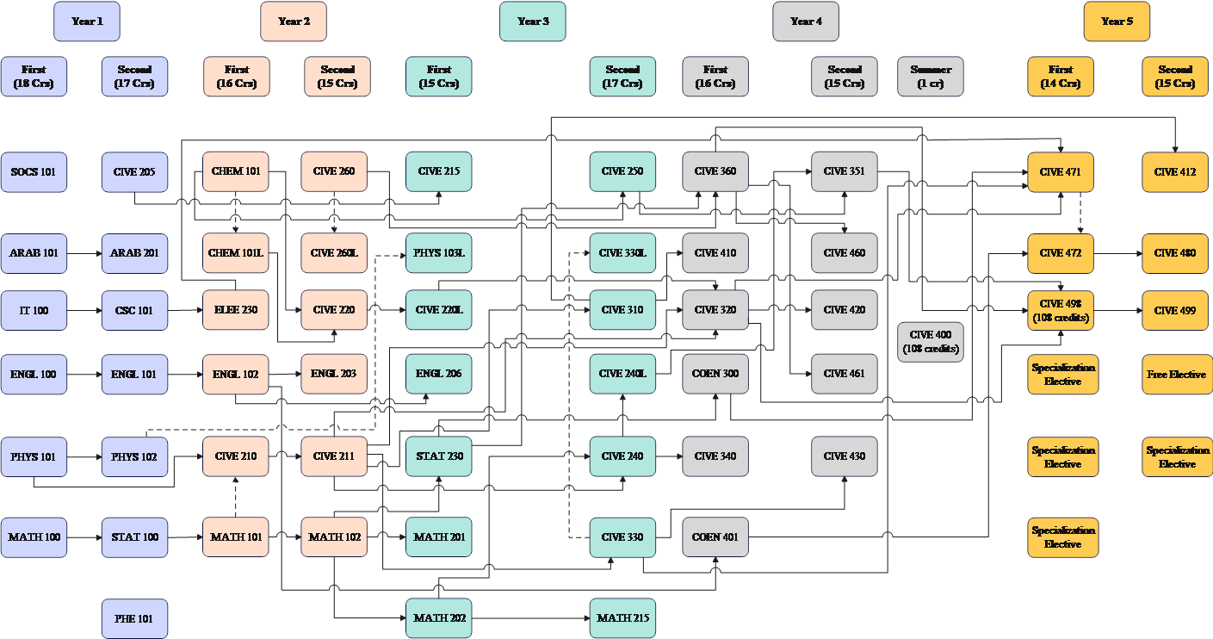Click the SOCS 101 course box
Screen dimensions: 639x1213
34,172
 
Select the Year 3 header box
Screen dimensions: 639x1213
533,22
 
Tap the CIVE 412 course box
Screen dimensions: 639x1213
1175,172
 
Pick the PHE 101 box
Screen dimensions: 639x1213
134,618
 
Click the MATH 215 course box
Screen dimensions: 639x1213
622,618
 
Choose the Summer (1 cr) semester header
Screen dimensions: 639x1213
931,77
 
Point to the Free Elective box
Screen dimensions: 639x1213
1175,375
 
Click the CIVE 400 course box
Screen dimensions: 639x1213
931,342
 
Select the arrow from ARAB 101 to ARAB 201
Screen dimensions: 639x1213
84,254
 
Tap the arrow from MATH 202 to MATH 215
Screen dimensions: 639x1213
530,619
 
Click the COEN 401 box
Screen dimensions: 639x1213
715,537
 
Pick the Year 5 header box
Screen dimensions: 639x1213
1117,22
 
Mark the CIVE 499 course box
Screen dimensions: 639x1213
1175,310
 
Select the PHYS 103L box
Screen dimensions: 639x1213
439,253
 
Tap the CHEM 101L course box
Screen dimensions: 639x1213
236,253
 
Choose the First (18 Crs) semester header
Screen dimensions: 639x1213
34,77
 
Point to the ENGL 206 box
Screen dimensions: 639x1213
439,374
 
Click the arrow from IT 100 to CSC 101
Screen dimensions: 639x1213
84,310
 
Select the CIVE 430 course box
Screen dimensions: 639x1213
845,456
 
